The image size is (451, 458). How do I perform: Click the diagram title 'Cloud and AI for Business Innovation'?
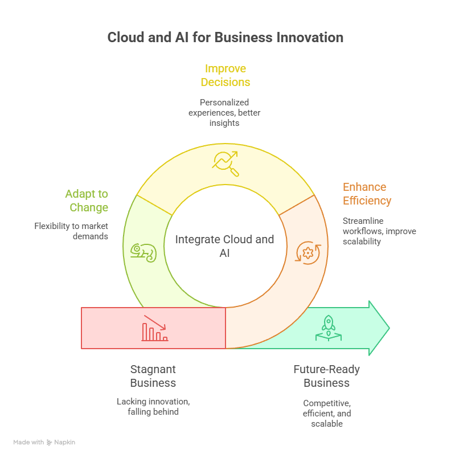click(225, 38)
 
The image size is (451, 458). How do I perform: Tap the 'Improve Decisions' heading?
click(225, 75)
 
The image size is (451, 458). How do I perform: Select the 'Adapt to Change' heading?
click(86, 201)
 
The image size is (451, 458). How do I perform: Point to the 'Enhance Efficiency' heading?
click(367, 194)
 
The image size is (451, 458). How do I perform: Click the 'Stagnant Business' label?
click(153, 376)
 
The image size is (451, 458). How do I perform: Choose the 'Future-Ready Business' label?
click(326, 376)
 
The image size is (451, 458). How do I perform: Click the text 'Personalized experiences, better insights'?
click(224, 112)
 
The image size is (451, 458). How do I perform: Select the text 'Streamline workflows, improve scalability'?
click(379, 231)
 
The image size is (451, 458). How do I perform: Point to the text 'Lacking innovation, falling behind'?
click(153, 406)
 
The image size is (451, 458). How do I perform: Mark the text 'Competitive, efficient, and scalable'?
click(326, 413)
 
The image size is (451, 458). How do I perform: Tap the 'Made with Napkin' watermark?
click(44, 442)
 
